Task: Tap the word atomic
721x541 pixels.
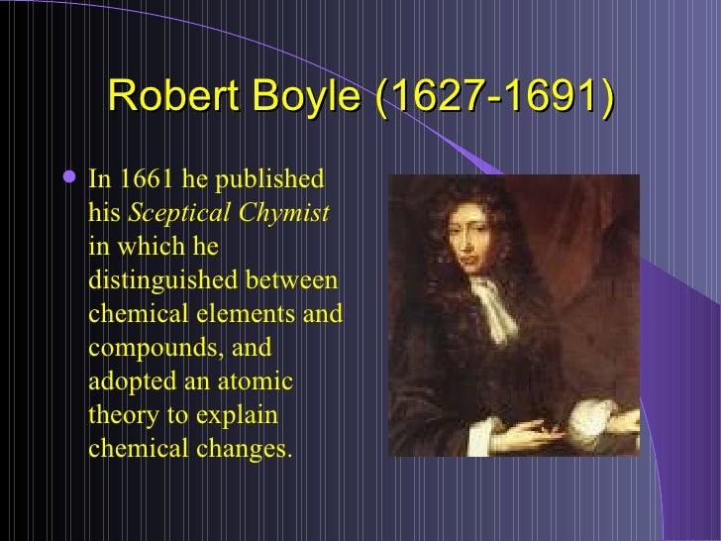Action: click(x=259, y=381)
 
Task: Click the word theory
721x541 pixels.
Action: click(x=118, y=414)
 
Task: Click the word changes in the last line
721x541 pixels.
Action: click(x=252, y=448)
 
